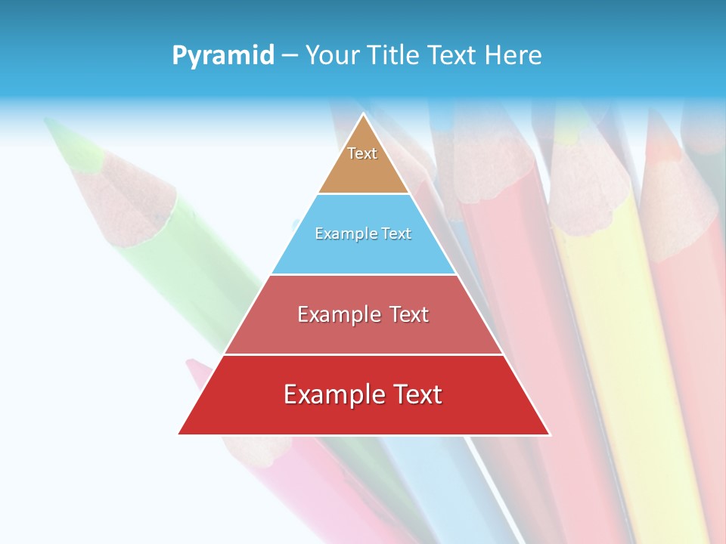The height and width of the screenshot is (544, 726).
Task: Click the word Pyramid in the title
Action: (x=222, y=55)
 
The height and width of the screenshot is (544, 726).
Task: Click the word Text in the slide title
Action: (x=454, y=55)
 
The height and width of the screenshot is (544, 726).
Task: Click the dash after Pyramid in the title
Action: (x=289, y=55)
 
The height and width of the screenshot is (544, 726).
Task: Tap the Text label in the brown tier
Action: (x=362, y=153)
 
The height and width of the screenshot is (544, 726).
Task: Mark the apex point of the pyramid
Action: (x=364, y=115)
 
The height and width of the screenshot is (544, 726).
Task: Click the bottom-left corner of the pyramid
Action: (x=179, y=434)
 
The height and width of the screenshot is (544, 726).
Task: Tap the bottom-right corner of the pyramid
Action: (x=549, y=434)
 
